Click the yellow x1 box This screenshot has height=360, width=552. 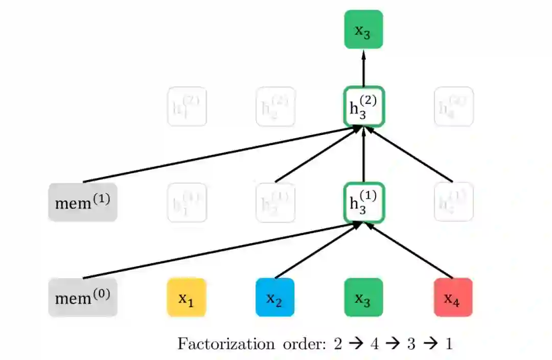[187, 297]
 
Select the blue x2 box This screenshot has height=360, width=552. [275, 297]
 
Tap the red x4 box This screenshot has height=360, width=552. [453, 297]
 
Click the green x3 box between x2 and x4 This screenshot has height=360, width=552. [363, 297]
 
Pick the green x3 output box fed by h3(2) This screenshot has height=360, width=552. [363, 29]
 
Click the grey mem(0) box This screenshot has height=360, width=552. [83, 297]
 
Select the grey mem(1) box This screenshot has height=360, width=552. [83, 202]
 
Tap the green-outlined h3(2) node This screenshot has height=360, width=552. [363, 106]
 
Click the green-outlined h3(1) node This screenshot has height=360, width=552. [363, 202]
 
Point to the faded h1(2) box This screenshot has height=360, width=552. [187, 106]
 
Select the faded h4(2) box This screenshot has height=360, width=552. [453, 106]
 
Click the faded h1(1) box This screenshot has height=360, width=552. [187, 202]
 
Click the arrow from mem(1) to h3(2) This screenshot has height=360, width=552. [220, 154]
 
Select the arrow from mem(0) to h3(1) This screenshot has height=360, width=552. [220, 251]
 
